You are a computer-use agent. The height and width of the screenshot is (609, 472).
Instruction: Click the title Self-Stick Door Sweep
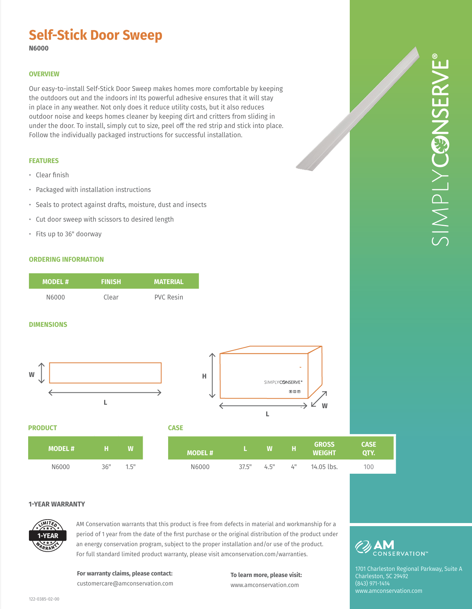(x=95, y=35)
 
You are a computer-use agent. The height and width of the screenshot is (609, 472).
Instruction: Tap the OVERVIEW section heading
(x=44, y=74)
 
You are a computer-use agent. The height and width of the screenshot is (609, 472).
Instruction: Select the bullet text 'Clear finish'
(x=52, y=175)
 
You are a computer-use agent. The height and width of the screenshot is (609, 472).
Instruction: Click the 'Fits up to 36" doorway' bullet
(x=69, y=234)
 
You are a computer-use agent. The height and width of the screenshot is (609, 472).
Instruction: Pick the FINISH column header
(x=111, y=282)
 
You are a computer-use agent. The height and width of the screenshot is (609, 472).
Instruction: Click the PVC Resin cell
(x=169, y=297)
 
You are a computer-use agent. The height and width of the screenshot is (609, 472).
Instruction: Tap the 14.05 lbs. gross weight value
(x=324, y=467)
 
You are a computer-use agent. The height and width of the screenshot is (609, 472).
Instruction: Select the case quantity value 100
(x=369, y=467)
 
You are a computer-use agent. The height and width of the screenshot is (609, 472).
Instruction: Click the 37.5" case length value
(x=245, y=467)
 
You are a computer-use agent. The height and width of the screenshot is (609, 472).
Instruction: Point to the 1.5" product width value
(x=130, y=467)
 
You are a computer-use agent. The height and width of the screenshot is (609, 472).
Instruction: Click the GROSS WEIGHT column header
(x=324, y=449)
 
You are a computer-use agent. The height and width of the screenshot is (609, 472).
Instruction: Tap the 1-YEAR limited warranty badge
(x=48, y=535)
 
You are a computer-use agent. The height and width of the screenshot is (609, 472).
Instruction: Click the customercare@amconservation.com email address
(x=125, y=584)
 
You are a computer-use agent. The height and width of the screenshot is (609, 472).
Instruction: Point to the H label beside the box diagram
(x=204, y=376)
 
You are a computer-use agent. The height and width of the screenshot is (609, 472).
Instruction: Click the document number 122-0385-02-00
(x=44, y=599)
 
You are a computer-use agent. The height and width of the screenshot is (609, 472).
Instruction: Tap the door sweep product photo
(x=358, y=109)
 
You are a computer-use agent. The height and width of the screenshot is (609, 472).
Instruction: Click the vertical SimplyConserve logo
(x=440, y=150)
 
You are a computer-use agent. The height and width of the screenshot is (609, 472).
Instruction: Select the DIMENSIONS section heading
(x=48, y=325)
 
